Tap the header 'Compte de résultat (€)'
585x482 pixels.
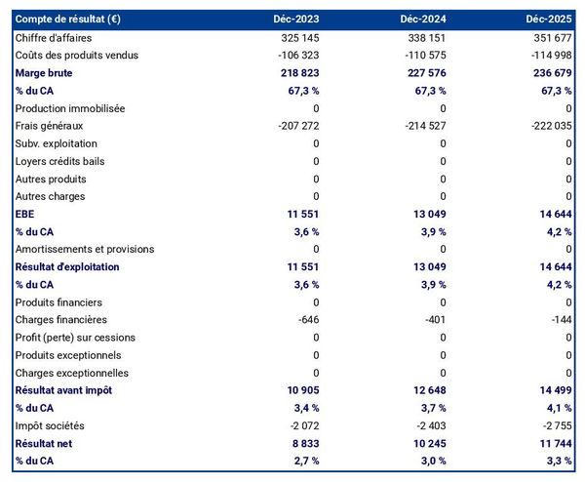pos(69,20)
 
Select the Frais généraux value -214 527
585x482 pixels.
pos(422,126)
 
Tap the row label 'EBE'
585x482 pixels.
pos(25,214)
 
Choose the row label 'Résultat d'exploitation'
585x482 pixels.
pos(67,266)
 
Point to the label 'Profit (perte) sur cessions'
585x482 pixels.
pos(75,338)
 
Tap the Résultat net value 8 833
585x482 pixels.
pos(301,443)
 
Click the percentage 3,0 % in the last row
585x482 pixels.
pos(431,461)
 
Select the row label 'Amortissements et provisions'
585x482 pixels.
pos(84,249)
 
